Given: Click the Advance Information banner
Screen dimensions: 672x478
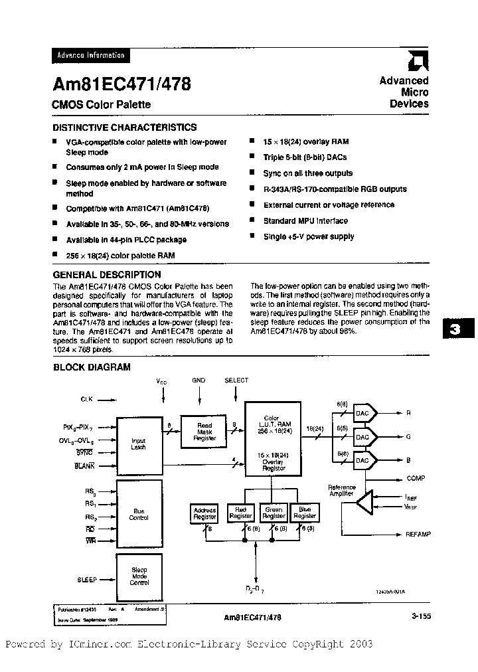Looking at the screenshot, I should pos(89,56).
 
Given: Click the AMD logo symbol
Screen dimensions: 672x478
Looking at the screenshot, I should pos(419,62).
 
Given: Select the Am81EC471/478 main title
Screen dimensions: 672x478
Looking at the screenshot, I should pos(121,84).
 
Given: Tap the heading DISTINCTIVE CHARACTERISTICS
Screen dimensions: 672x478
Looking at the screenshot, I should pos(124,127).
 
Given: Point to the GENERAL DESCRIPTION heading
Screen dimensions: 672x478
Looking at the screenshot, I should pos(106,274).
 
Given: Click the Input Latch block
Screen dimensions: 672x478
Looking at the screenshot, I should pos(139,444).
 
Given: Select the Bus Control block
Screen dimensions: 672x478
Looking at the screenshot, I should pos(139,514).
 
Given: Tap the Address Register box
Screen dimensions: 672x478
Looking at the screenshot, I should pos(204,513).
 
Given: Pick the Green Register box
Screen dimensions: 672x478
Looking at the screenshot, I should pos(274,513).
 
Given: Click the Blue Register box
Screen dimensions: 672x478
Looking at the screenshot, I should pos(305,513).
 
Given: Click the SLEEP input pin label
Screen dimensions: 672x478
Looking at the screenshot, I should pos(87,580).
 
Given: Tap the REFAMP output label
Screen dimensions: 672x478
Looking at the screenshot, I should pos(417,534).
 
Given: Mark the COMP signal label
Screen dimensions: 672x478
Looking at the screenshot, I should pos(416,478).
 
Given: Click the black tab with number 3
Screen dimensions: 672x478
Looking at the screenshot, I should pos(455,330).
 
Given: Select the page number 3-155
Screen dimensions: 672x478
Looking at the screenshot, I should pos(421,616).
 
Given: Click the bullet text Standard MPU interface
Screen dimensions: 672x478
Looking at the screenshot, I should pos(305,220).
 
